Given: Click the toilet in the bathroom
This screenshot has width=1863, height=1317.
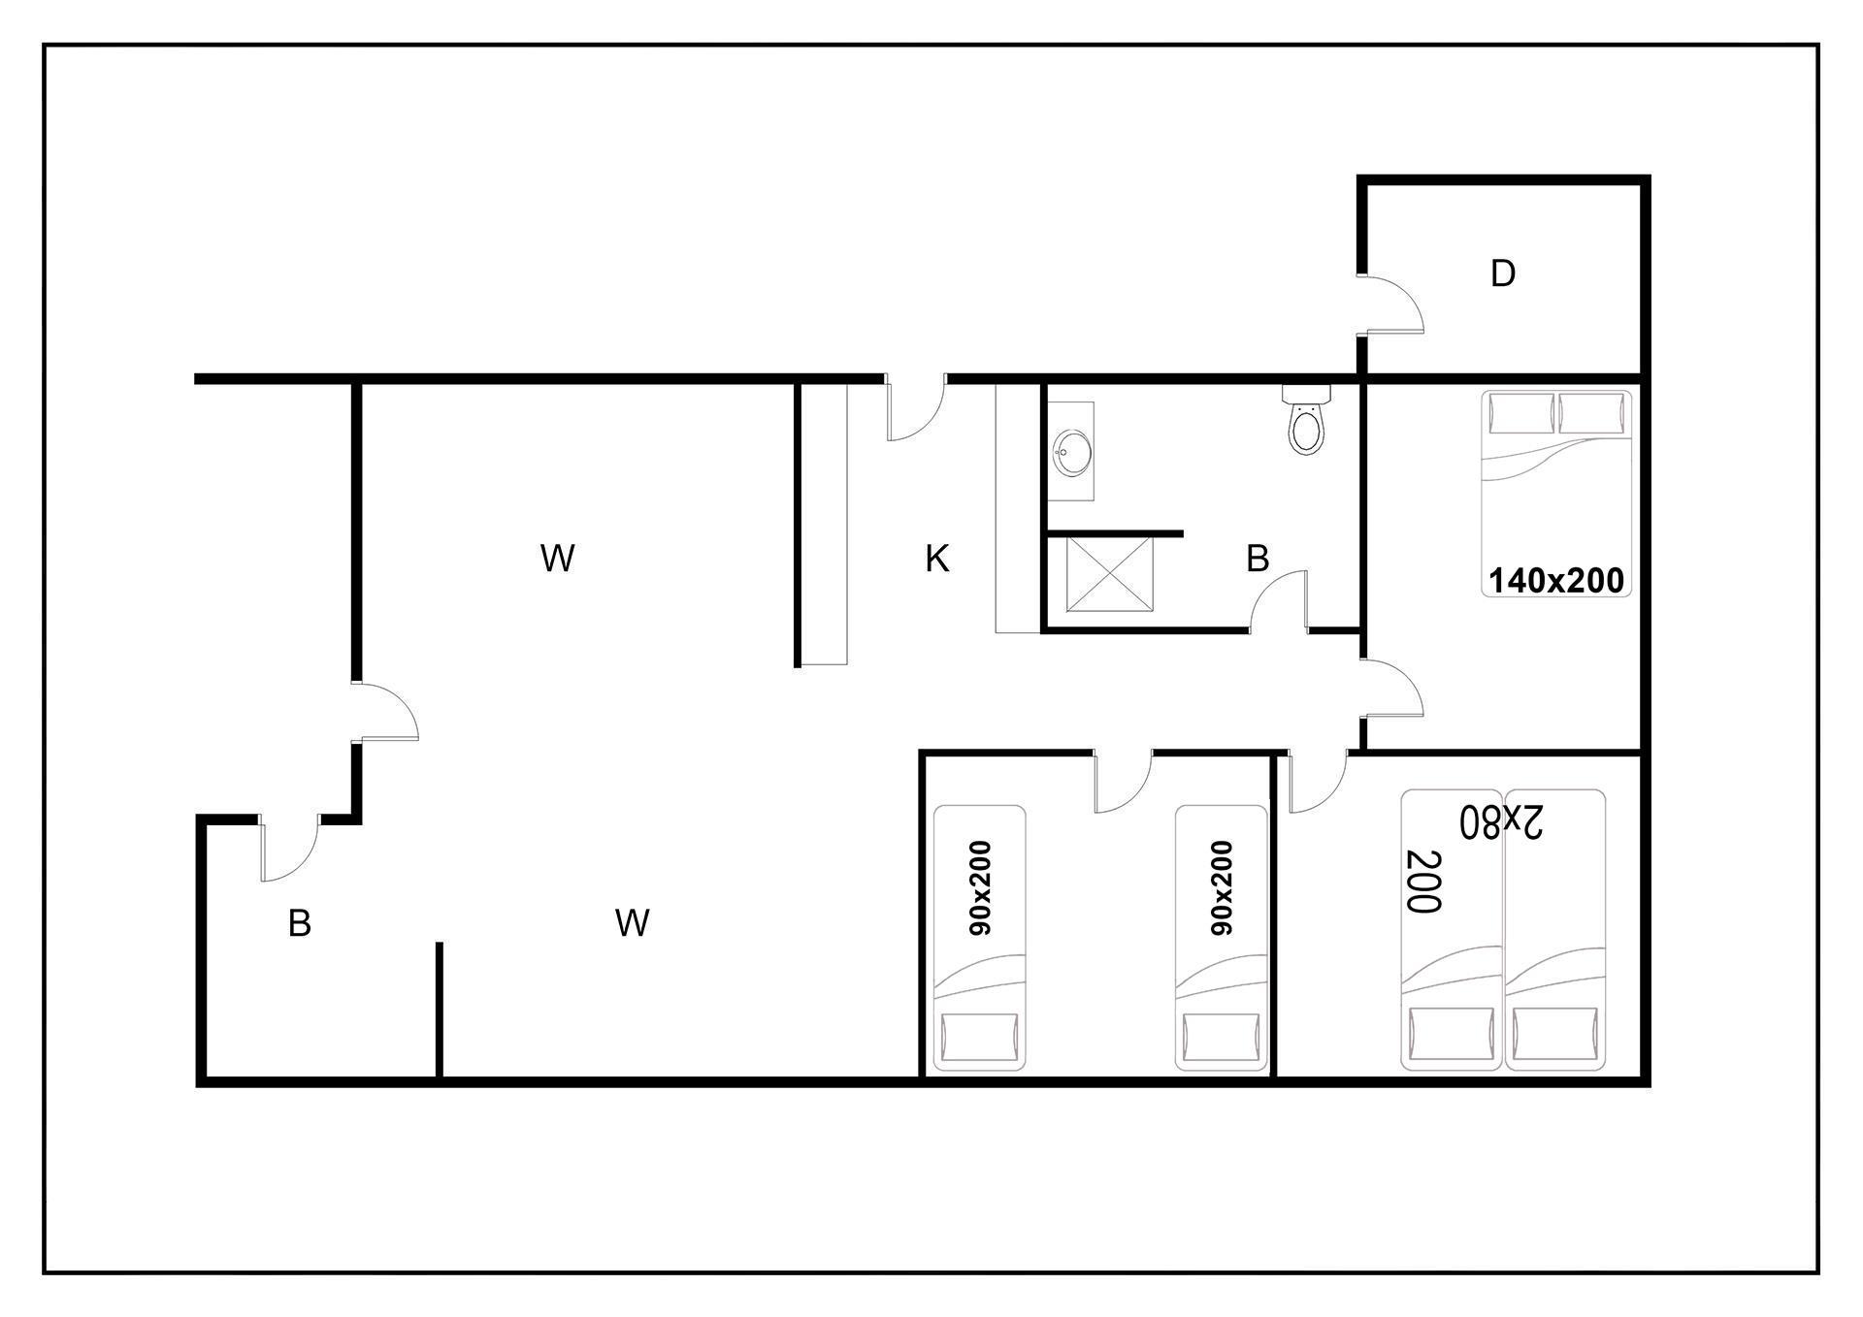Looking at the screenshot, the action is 1306,420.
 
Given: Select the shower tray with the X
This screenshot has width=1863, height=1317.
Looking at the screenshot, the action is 1110,574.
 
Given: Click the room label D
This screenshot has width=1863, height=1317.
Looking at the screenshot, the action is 1503,273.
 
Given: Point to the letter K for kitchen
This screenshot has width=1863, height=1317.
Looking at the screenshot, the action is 936,559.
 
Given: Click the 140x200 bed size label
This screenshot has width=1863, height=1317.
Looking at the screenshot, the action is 1555,580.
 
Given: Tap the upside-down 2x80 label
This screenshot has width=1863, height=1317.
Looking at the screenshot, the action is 1501,821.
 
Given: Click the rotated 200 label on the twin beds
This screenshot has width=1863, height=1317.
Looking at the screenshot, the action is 1423,881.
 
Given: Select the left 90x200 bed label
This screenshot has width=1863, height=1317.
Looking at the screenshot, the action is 980,887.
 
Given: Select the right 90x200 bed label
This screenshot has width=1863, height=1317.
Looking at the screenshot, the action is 1222,887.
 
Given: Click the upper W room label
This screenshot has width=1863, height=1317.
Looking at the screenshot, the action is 557,559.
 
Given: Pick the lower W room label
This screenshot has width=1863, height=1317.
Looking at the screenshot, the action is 632,923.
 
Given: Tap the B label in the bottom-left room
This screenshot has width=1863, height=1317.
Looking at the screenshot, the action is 300,923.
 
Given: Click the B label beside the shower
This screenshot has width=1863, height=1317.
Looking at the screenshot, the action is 1258,559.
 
